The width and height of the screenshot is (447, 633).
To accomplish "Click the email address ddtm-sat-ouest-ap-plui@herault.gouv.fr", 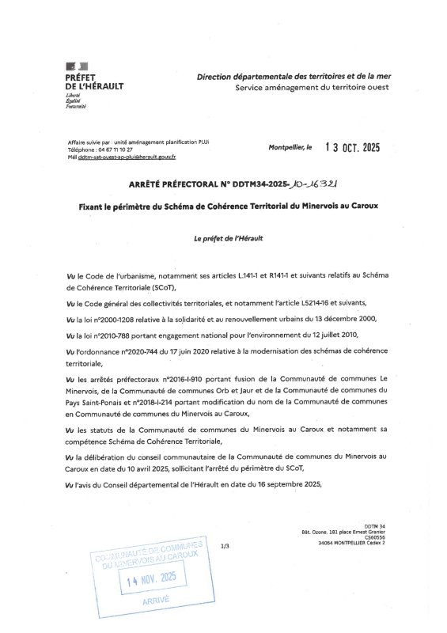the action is [x=125, y=157].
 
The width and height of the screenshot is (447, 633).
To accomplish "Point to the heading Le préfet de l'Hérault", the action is [x=228, y=238].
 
